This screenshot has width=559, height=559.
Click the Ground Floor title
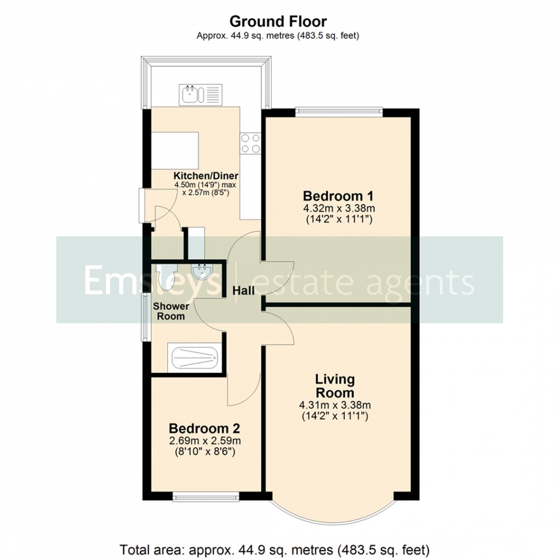coord(278,21)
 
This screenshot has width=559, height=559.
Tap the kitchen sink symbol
coord(199,94)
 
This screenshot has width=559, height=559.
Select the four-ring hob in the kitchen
coord(250,143)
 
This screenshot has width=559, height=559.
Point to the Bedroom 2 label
coord(204,428)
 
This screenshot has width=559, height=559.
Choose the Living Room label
coord(334,386)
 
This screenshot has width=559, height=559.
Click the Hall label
coord(243,291)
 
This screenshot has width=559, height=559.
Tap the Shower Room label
coord(171,311)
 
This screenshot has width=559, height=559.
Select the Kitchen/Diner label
coord(201,176)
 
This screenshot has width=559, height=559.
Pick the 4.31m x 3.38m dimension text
coord(335,406)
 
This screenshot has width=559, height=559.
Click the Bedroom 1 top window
coord(338,112)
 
